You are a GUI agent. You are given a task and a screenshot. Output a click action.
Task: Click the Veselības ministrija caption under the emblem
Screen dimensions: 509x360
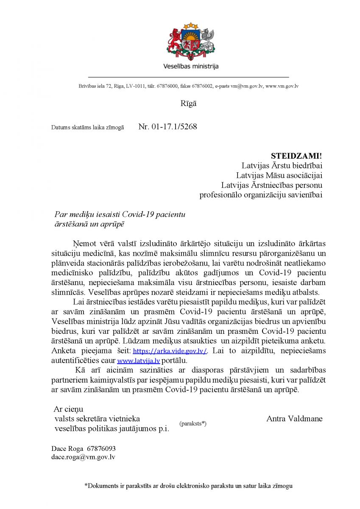191,67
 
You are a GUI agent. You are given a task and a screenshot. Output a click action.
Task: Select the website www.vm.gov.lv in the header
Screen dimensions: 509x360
282,86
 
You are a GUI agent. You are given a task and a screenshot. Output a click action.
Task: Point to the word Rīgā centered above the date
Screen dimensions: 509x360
188,103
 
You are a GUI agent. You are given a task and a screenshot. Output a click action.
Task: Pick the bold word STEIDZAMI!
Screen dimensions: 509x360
296,156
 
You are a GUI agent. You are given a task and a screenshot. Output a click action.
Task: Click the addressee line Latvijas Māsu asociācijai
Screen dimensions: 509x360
279,175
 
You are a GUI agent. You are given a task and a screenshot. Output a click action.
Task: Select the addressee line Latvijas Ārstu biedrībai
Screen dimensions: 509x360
282,165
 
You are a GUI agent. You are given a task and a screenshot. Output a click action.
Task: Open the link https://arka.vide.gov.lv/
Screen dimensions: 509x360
170,351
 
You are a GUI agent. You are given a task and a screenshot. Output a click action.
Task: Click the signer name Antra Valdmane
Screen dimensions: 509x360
294,419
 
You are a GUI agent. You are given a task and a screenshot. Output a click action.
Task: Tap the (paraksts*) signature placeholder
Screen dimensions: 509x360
193,423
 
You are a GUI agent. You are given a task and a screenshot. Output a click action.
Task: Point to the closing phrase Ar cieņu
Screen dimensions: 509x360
69,409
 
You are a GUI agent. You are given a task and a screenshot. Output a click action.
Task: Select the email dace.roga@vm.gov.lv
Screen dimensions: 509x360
83,457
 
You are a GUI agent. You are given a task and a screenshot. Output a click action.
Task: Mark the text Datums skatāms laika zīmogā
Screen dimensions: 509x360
87,127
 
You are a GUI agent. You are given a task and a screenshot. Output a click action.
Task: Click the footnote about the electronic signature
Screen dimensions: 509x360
188,486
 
